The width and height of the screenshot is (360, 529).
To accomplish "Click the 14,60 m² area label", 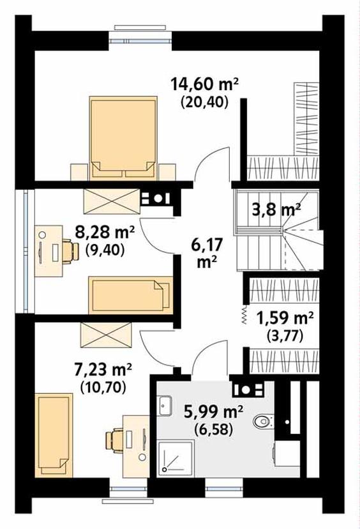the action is [x=205, y=84].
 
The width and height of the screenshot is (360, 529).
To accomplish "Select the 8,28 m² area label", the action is [x=105, y=233].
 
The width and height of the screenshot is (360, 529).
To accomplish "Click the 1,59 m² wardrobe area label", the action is [x=285, y=318].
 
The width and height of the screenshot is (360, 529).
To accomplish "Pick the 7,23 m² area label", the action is [x=103, y=371].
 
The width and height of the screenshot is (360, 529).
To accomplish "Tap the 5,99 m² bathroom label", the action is [x=213, y=412].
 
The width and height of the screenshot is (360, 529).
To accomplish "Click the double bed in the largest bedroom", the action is [x=123, y=139].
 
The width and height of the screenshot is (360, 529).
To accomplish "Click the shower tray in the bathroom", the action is [x=177, y=458].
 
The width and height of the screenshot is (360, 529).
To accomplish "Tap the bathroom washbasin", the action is [x=165, y=406].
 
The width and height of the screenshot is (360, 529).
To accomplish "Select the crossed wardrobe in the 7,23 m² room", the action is [x=106, y=335].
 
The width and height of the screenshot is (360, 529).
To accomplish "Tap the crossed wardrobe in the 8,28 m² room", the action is [x=112, y=201].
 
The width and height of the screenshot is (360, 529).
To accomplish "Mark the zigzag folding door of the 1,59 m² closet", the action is [x=244, y=315].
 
